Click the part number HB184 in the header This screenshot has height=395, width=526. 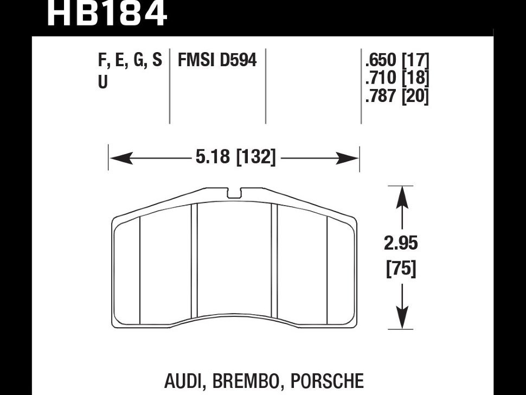pos(107,14)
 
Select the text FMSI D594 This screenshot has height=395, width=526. pos(217,60)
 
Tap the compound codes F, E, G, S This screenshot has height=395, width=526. pos(130,60)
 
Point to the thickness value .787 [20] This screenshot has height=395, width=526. pos(397,97)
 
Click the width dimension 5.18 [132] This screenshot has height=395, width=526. pos(235,158)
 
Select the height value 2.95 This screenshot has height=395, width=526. pos(402,244)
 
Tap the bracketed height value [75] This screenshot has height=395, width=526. pos(402,269)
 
